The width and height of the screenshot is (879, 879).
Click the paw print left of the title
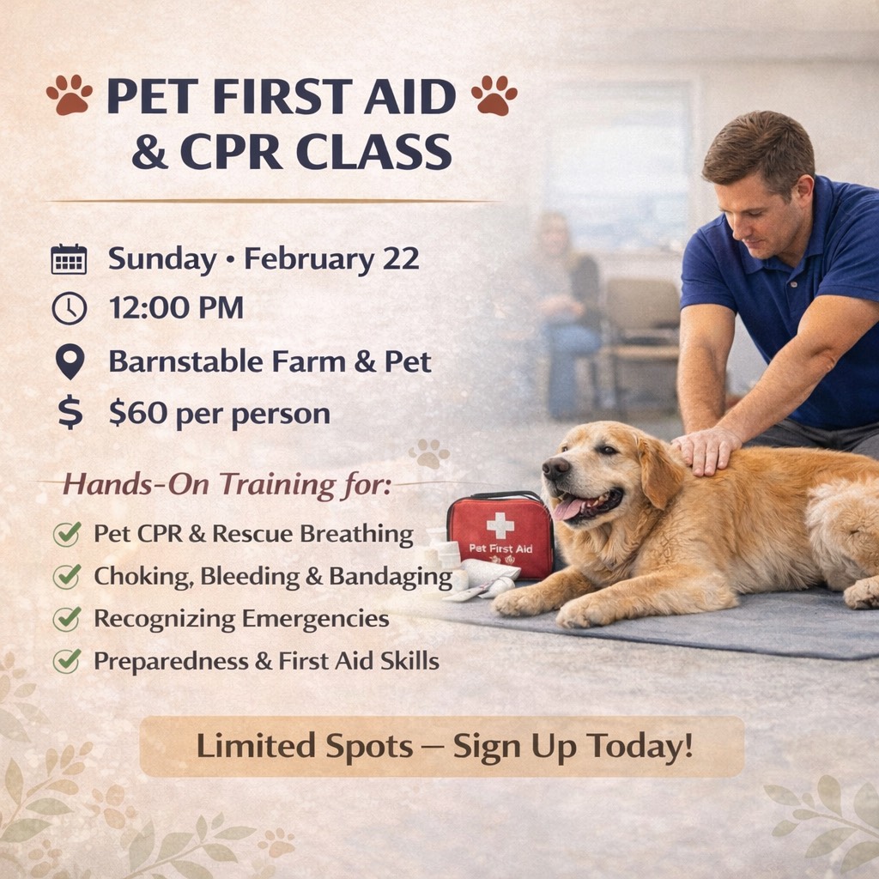point(70,94)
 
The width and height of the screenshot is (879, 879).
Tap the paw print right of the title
point(494,94)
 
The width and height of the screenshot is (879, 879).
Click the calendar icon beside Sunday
point(69,259)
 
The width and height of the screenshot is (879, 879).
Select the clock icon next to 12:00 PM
point(69,308)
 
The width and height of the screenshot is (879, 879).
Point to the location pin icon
point(69,361)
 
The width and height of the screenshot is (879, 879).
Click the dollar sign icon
point(70,413)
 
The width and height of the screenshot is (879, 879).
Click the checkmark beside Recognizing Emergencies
point(67,619)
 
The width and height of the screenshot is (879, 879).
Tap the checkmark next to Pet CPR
point(67,534)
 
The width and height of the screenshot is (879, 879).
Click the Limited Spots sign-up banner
point(441,747)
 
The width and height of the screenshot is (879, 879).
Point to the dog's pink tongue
point(569,508)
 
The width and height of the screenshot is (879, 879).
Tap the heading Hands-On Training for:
point(227,485)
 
